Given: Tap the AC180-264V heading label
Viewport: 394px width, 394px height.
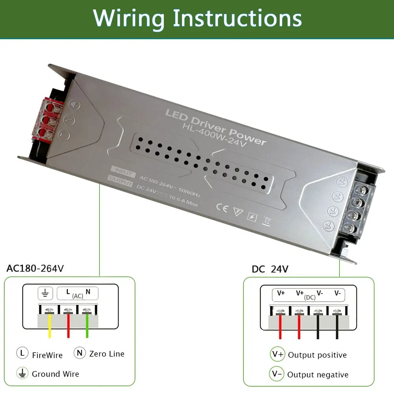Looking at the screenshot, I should [x=35, y=269].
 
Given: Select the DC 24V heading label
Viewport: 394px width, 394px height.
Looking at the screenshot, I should [x=270, y=269].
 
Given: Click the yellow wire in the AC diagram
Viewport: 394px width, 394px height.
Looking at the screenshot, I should [x=50, y=327].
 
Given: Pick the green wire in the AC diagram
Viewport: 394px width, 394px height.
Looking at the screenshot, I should [x=87, y=327].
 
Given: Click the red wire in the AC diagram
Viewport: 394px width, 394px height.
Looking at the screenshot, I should [x=68, y=327].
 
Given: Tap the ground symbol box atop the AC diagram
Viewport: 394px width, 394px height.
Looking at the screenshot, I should [x=45, y=292].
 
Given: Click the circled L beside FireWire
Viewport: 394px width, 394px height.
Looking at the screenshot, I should [x=22, y=353].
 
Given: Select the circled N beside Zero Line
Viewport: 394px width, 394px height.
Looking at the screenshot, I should [x=80, y=353].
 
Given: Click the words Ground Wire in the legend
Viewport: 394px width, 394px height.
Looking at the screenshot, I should [x=55, y=374].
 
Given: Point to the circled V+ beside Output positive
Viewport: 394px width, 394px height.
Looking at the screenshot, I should [x=277, y=354].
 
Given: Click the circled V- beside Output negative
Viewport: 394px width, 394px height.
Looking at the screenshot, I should [x=277, y=374].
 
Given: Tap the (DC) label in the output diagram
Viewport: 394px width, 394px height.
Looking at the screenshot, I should [x=310, y=297].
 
